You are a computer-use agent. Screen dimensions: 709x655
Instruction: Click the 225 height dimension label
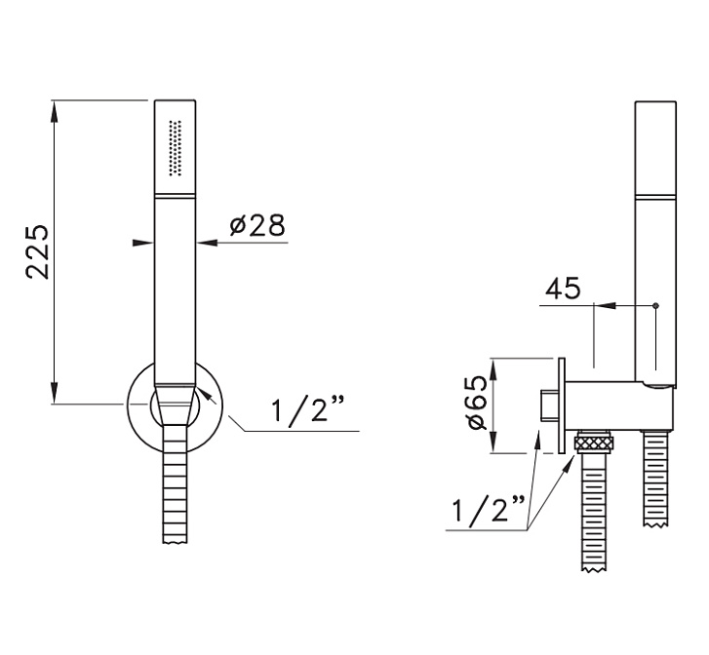37,250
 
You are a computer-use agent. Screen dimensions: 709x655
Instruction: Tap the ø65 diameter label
478,404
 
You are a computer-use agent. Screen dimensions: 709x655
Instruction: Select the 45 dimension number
563,289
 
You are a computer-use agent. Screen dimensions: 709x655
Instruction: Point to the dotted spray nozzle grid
175,148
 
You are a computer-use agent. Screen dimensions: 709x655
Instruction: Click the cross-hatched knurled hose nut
594,443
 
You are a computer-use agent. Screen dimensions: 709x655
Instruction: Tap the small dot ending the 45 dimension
656,306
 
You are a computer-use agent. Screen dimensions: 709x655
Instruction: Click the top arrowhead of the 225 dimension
55,111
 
